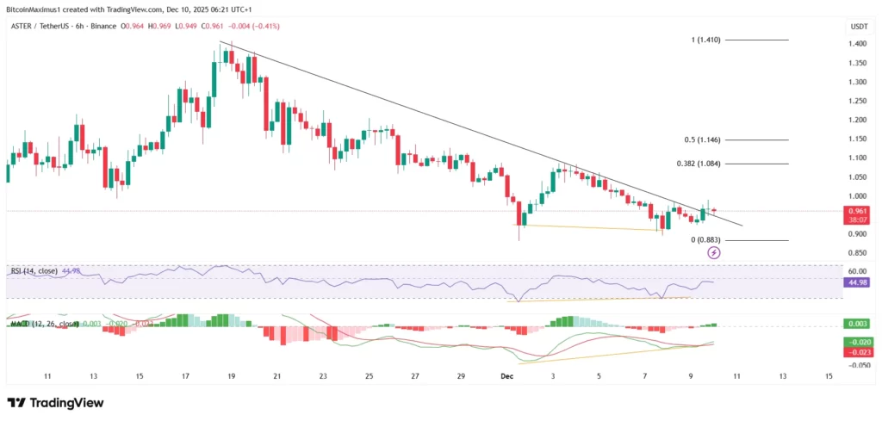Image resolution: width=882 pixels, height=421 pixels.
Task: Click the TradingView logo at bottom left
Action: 55,402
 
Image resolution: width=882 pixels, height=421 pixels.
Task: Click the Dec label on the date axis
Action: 506,376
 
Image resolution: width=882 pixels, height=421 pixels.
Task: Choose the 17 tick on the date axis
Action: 185,376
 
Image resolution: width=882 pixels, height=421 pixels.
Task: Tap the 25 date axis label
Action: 369,376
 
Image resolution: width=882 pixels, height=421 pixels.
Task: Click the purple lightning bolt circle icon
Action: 714,252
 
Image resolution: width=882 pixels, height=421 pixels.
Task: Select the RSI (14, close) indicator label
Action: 34,271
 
